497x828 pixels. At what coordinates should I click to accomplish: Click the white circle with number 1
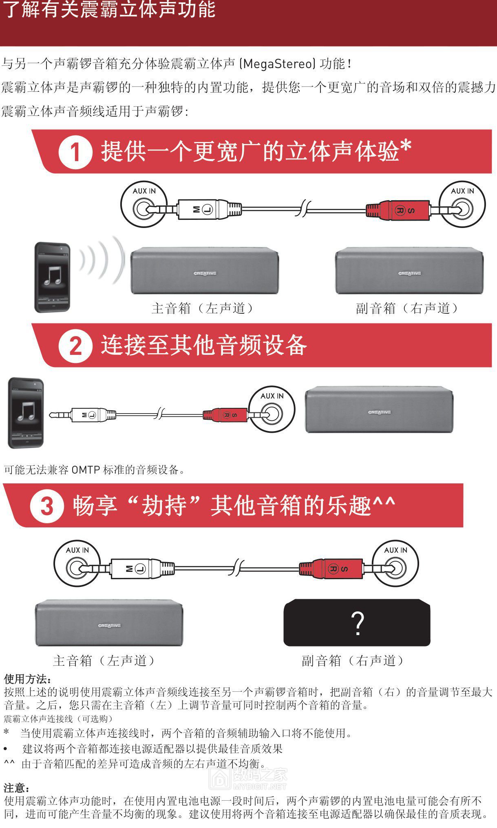click(x=75, y=152)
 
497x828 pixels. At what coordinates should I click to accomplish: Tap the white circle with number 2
click(x=75, y=346)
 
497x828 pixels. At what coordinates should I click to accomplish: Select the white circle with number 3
click(x=47, y=506)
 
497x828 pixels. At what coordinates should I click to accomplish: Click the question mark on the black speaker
click(x=357, y=623)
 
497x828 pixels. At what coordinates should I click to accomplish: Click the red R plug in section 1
click(x=398, y=210)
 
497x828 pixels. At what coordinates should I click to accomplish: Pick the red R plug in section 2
click(x=225, y=415)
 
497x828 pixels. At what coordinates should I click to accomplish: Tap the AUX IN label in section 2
click(x=272, y=396)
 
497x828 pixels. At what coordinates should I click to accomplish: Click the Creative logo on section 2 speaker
click(x=379, y=412)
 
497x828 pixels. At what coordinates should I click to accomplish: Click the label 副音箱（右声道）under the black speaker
click(x=353, y=660)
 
